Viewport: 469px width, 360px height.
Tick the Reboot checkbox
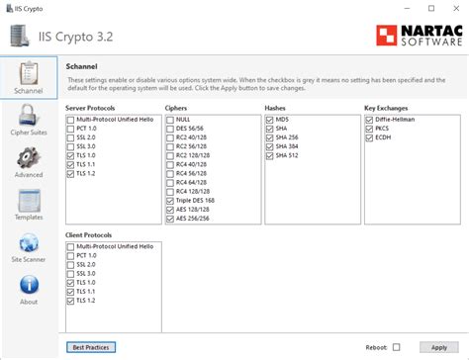pos(397,347)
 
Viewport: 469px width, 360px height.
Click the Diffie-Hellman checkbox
pos(369,119)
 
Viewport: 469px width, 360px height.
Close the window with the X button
pos(453,7)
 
